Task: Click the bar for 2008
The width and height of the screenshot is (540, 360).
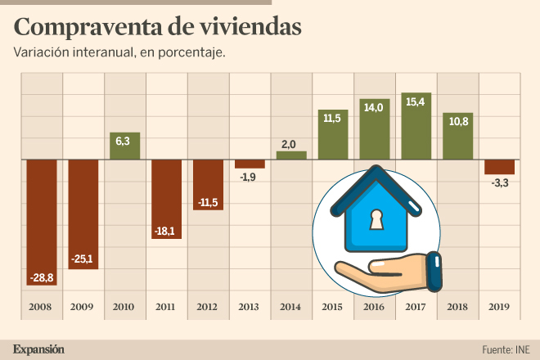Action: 42,221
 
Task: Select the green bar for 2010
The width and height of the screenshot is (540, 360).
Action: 125,146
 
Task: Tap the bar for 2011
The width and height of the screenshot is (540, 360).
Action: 166,199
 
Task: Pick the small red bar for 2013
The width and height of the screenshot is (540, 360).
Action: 250,164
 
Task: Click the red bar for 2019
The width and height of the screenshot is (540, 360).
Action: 499,167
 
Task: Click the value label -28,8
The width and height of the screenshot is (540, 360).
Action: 42,278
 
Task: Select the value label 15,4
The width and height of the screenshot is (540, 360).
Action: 416,101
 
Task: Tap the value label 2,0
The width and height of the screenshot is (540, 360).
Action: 290,144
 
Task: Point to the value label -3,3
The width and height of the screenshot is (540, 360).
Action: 499,183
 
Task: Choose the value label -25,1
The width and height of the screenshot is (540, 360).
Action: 83,260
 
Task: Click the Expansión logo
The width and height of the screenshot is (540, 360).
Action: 38,349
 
